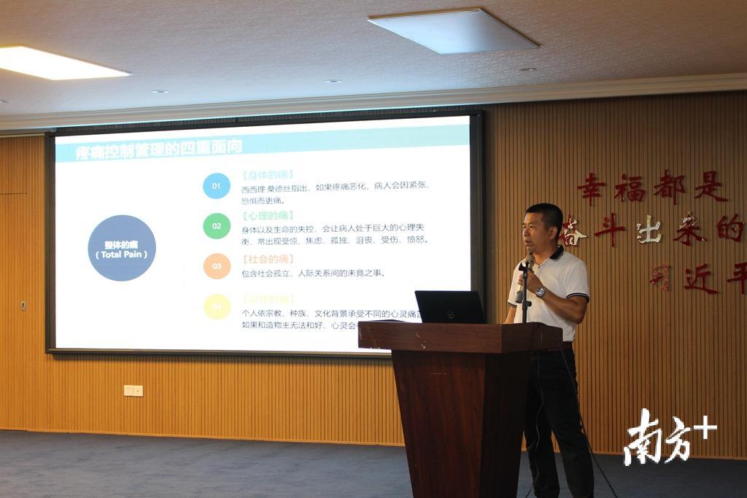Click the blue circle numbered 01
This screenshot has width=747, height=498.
pyautogui.click(x=217, y=186)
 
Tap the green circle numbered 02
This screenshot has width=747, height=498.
pyautogui.click(x=217, y=226)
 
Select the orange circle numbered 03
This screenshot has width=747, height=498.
pyautogui.click(x=217, y=266)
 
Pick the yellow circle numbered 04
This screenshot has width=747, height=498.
pyautogui.click(x=217, y=306)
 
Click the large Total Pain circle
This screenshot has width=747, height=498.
pyautogui.click(x=122, y=248)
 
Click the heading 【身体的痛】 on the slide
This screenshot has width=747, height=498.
pyautogui.click(x=267, y=175)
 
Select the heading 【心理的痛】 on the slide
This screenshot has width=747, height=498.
pyautogui.click(x=267, y=216)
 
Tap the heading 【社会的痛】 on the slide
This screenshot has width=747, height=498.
pyautogui.click(x=267, y=260)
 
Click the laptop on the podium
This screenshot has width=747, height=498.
pyautogui.click(x=450, y=307)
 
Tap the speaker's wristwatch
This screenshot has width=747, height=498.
pyautogui.click(x=541, y=292)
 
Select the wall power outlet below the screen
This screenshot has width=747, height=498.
pyautogui.click(x=133, y=391)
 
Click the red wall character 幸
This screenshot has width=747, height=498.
pyautogui.click(x=592, y=189)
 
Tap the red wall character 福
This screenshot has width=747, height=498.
pyautogui.click(x=630, y=188)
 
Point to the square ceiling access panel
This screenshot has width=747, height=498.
pyautogui.click(x=453, y=31)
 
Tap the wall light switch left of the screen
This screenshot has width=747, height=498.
pyautogui.click(x=23, y=305)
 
